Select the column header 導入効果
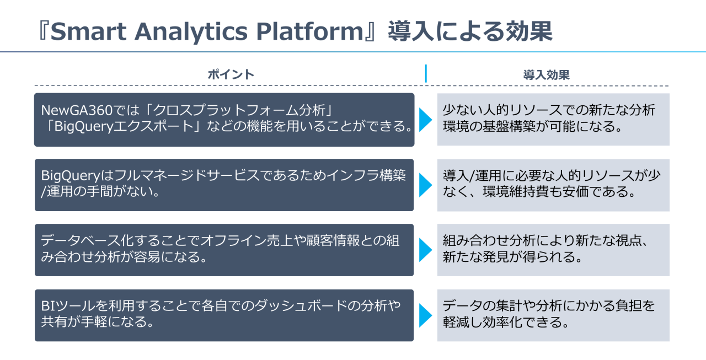(x=546, y=75)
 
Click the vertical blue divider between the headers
(x=426, y=74)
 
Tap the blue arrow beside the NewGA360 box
(x=425, y=120)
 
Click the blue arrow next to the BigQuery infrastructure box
(x=425, y=185)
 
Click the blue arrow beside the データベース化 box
(x=425, y=250)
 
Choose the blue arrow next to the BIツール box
(x=425, y=315)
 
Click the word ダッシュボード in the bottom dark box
(x=298, y=305)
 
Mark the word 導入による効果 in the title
(x=469, y=32)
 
